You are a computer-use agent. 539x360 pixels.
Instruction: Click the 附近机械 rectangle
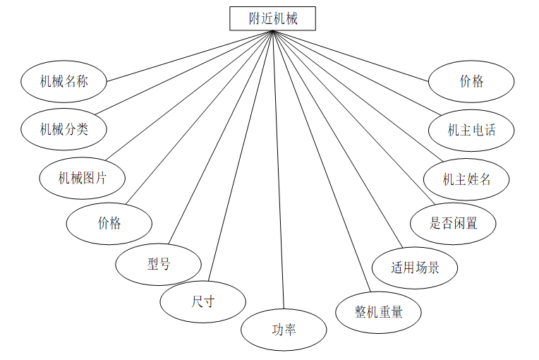tap(272, 18)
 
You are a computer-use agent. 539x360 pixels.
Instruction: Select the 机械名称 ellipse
tap(63, 81)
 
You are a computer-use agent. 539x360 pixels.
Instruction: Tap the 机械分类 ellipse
tap(63, 128)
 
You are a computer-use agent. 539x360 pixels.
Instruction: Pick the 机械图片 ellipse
tap(82, 177)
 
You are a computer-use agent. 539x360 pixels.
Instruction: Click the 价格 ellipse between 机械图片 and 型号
tap(109, 223)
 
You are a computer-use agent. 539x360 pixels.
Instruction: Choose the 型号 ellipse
tap(159, 264)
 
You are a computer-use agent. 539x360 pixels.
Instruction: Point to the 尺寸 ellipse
tap(202, 301)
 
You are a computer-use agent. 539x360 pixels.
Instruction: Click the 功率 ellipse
tap(284, 329)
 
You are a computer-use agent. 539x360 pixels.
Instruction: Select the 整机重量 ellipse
tap(379, 311)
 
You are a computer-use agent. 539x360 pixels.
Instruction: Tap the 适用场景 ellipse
tap(415, 268)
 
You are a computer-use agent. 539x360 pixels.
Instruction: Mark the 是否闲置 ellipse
tap(453, 223)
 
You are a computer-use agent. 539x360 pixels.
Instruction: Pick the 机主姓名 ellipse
tap(466, 179)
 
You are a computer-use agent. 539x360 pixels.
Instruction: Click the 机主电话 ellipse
tap(471, 130)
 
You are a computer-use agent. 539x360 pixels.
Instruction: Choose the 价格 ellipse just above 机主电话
tap(471, 81)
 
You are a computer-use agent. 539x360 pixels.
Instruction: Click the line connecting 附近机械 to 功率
tap(278, 169)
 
